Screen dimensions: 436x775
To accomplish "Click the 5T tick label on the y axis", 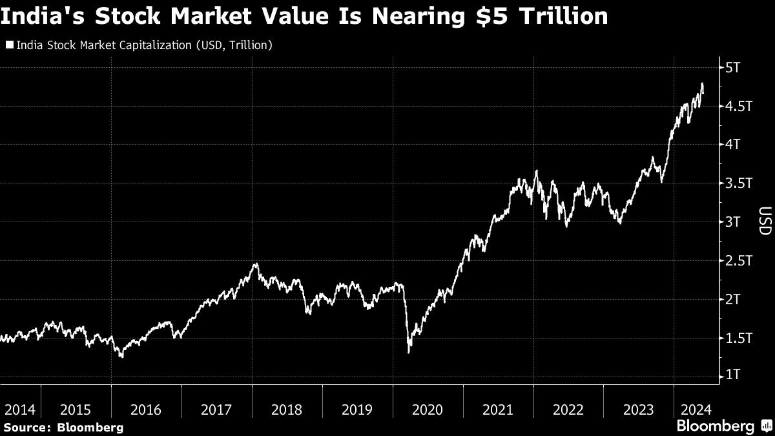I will (x=734, y=68).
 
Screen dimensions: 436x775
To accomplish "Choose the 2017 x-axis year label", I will (x=216, y=410).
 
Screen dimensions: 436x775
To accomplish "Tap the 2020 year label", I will (x=428, y=410).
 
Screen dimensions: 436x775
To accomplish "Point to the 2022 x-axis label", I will (x=568, y=410).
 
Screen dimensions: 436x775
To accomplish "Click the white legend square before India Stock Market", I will (x=9, y=45).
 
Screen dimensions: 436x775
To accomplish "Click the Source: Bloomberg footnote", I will (x=63, y=427).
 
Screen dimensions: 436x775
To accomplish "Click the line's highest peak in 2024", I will (x=702, y=84).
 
